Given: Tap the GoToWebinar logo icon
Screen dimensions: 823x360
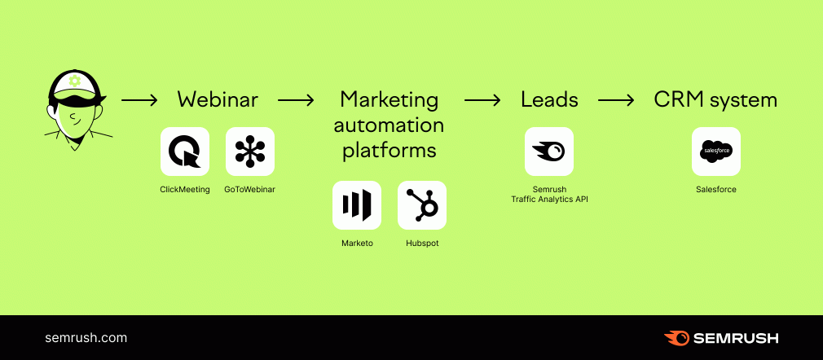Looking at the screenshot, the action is pyautogui.click(x=250, y=151).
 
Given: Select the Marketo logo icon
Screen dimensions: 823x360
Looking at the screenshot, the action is pyautogui.click(x=357, y=205).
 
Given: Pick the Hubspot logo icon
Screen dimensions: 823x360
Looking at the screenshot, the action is pyautogui.click(x=422, y=205).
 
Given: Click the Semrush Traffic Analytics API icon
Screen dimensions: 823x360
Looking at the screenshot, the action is pyautogui.click(x=549, y=151).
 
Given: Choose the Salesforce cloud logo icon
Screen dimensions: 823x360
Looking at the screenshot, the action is pyautogui.click(x=716, y=151).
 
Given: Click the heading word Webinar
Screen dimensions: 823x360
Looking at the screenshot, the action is pyautogui.click(x=218, y=99).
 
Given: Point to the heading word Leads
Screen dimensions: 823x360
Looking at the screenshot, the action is pyautogui.click(x=549, y=99).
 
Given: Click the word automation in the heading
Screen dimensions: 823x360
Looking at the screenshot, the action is pyautogui.click(x=389, y=125).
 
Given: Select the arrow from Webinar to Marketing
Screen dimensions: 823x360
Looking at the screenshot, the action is pyautogui.click(x=296, y=100).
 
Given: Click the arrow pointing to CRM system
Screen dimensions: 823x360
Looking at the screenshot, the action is pyautogui.click(x=616, y=100).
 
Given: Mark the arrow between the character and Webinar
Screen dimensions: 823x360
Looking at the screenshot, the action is pyautogui.click(x=139, y=100).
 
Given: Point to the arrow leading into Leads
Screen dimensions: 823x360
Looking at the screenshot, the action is pyautogui.click(x=482, y=100).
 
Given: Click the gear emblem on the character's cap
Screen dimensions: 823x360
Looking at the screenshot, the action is pyautogui.click(x=75, y=81).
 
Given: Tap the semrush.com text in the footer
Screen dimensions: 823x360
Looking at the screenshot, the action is pyautogui.click(x=86, y=338).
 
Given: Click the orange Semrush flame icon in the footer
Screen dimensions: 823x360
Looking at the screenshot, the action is pyautogui.click(x=676, y=338).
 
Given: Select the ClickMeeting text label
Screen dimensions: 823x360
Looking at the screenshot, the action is pyautogui.click(x=185, y=190).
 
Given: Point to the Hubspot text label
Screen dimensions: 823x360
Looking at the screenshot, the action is pyautogui.click(x=422, y=244).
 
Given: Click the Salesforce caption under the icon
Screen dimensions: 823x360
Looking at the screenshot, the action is pyautogui.click(x=716, y=190).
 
